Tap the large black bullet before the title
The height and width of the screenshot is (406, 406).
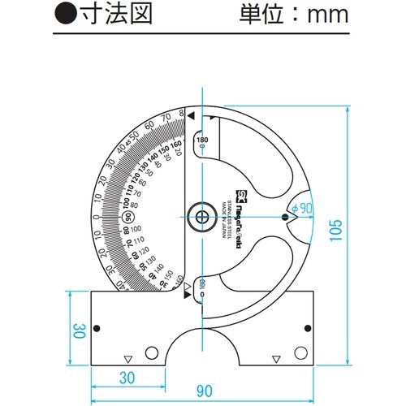[63, 15]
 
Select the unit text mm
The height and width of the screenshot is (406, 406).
[326, 15]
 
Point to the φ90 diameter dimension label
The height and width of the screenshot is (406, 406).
[302, 208]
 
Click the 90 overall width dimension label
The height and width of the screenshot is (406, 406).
[203, 391]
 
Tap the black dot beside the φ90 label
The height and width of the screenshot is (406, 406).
[285, 216]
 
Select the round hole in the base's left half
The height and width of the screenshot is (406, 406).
[152, 353]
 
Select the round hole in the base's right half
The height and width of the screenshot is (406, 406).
[302, 353]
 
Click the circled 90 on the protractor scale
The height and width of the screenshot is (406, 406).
[126, 215]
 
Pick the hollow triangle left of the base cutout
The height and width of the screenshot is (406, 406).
[127, 359]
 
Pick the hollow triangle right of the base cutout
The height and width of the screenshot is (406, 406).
[277, 358]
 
